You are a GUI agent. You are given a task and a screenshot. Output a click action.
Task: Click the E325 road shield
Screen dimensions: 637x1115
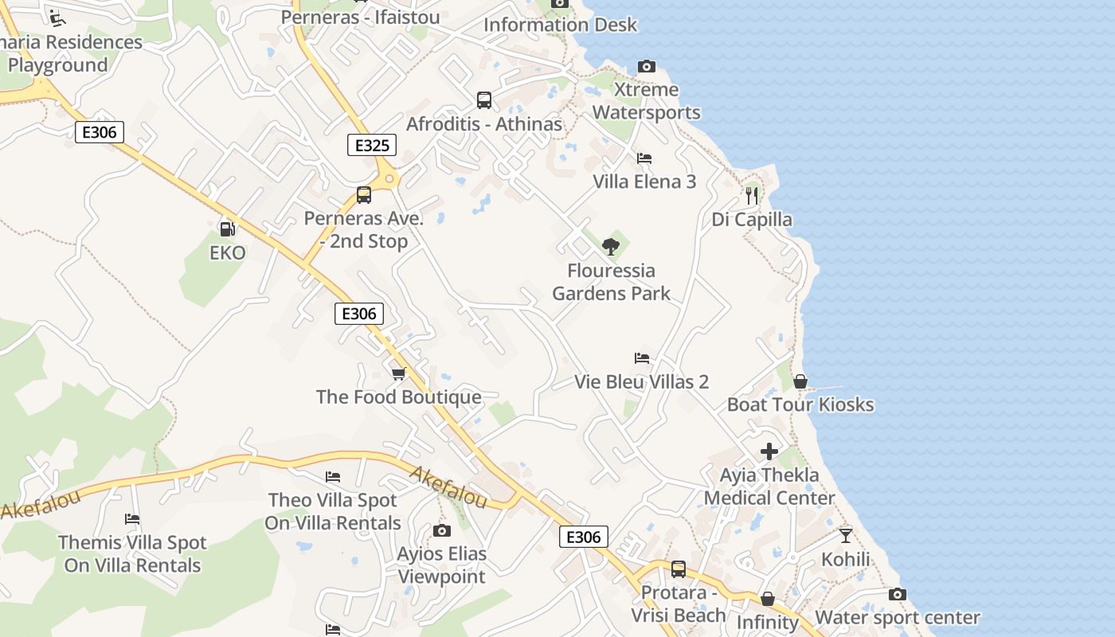[x=372, y=145]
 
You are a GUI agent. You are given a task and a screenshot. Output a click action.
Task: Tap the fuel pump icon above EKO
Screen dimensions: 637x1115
[x=228, y=229]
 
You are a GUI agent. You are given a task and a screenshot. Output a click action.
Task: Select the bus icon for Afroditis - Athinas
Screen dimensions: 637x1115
[x=484, y=100]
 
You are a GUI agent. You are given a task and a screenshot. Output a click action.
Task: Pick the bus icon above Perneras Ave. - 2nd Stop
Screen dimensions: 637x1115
[x=364, y=195]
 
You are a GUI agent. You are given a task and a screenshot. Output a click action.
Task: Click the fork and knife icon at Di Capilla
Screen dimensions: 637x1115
[x=752, y=194]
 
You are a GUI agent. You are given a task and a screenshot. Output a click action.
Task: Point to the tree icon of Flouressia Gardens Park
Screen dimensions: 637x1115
[x=611, y=246]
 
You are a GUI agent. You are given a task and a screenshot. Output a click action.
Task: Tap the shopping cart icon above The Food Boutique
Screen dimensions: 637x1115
[x=399, y=373]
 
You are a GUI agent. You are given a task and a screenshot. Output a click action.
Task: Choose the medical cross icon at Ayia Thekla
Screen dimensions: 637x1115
[x=769, y=451]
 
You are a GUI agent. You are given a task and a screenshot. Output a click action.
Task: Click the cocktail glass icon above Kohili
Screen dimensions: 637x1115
[x=846, y=535]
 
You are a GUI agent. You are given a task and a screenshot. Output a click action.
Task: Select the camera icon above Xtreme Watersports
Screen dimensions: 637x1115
[x=647, y=67]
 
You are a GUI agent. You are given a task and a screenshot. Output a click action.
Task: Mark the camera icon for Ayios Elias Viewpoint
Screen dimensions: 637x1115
[x=442, y=530]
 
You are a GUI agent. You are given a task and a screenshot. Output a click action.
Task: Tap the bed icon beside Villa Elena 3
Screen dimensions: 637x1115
[x=644, y=158]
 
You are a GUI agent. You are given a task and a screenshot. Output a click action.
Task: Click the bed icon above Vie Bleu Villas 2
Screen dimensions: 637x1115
[x=642, y=358]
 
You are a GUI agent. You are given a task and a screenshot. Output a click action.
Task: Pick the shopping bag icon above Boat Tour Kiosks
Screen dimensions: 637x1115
[x=800, y=381]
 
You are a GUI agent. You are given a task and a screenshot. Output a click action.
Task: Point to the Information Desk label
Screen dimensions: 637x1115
[x=561, y=25]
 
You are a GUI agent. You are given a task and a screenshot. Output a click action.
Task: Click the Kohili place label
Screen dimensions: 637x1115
[x=846, y=559]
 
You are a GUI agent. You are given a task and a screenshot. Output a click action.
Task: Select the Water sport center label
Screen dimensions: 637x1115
[x=898, y=617]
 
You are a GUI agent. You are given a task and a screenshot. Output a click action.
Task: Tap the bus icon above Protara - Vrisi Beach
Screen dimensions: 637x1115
[x=679, y=569]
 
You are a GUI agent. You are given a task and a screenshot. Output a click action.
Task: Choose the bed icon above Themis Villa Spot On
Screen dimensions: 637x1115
[x=132, y=519]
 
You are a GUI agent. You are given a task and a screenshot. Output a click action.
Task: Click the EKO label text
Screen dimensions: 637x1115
[x=228, y=253]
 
